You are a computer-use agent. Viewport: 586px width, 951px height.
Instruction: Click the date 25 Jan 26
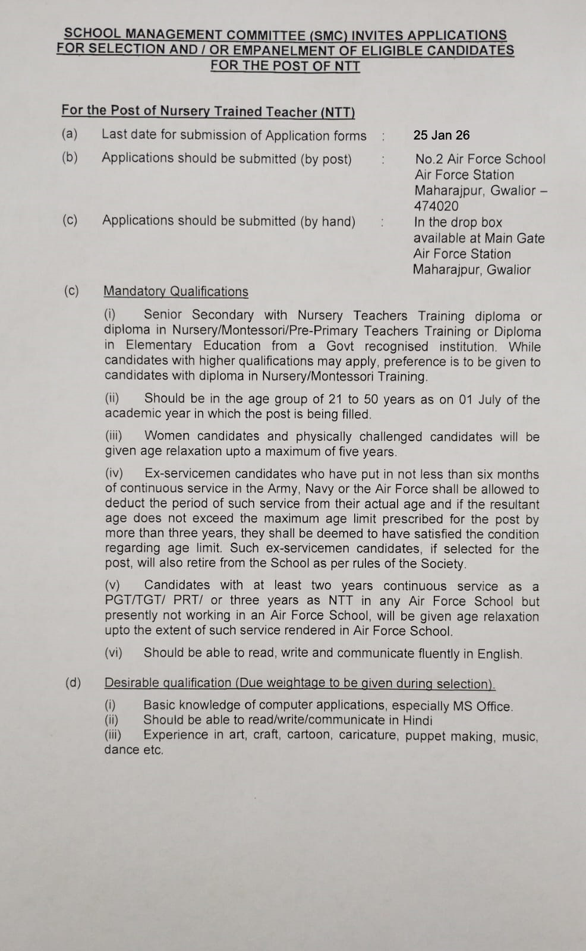[441, 135]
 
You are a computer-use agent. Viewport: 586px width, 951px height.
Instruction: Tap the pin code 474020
[436, 206]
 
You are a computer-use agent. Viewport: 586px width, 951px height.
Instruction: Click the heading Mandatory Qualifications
[175, 291]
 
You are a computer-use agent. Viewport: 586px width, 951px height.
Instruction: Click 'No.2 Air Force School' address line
[480, 159]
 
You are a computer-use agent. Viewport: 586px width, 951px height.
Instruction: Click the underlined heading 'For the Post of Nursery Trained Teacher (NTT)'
[208, 111]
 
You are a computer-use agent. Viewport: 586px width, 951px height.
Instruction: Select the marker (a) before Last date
[70, 134]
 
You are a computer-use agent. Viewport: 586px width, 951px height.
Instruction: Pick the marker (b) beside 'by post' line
[70, 158]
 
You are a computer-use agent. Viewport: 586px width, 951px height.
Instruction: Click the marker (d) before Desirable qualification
[73, 682]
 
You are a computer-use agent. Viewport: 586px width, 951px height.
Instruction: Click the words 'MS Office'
[483, 706]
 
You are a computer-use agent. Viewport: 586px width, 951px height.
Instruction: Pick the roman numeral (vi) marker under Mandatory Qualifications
[114, 653]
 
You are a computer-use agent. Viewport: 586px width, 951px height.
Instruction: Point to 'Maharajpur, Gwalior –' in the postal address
[480, 191]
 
